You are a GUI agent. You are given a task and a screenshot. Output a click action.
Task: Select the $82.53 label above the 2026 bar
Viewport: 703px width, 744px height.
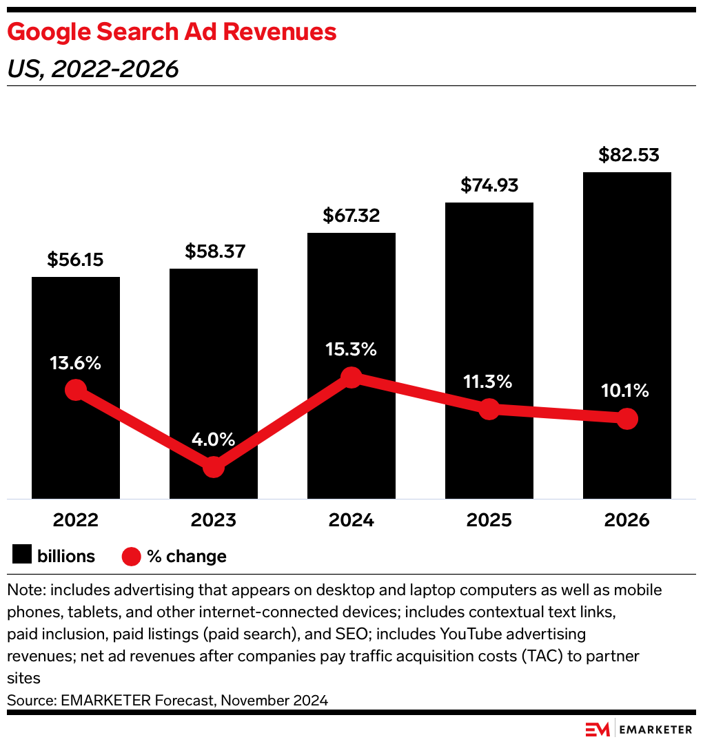click(626, 155)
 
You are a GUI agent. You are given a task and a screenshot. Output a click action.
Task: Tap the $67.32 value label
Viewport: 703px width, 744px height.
click(351, 216)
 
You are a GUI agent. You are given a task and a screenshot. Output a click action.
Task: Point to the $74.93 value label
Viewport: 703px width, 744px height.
click(489, 185)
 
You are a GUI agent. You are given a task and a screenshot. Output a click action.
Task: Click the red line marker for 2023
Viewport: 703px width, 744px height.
click(214, 466)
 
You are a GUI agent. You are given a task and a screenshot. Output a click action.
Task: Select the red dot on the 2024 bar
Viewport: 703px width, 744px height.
click(351, 377)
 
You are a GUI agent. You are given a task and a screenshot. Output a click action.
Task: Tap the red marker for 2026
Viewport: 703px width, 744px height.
click(626, 418)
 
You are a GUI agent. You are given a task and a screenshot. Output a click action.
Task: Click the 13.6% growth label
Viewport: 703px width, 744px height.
click(75, 362)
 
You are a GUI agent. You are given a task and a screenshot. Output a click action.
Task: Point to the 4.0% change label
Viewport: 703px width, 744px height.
click(213, 439)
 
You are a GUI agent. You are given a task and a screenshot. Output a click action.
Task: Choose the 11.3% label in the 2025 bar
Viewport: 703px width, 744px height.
click(489, 381)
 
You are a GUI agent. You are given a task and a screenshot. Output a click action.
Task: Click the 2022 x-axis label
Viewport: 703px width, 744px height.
click(75, 519)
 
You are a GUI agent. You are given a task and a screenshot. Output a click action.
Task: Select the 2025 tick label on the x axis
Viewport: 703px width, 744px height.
click(489, 519)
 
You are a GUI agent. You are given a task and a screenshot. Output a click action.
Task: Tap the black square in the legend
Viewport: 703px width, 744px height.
click(22, 555)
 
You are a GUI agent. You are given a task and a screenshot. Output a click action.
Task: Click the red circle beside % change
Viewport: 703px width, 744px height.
click(132, 556)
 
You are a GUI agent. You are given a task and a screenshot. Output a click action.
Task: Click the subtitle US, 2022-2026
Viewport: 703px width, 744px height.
click(92, 69)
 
